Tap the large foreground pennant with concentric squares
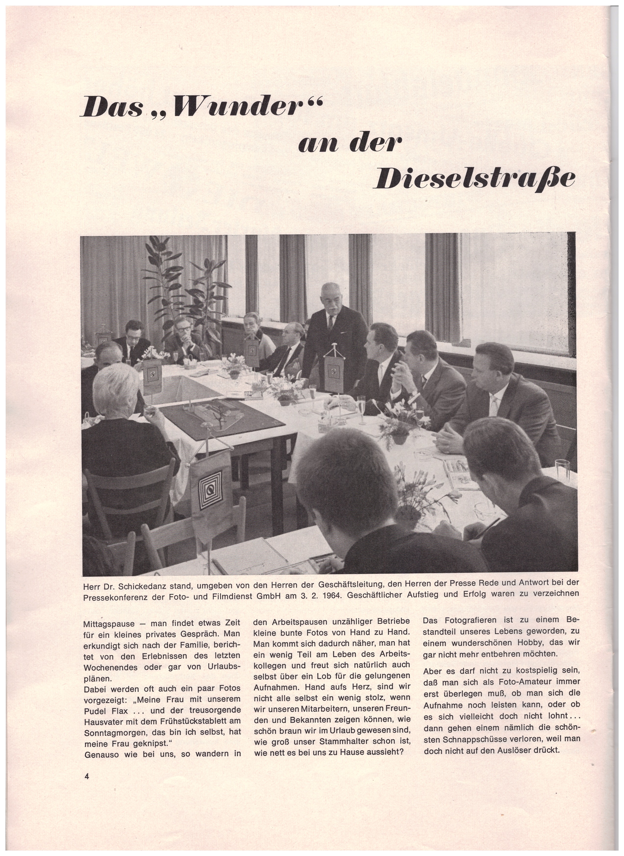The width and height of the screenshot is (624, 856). click(x=211, y=491)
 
